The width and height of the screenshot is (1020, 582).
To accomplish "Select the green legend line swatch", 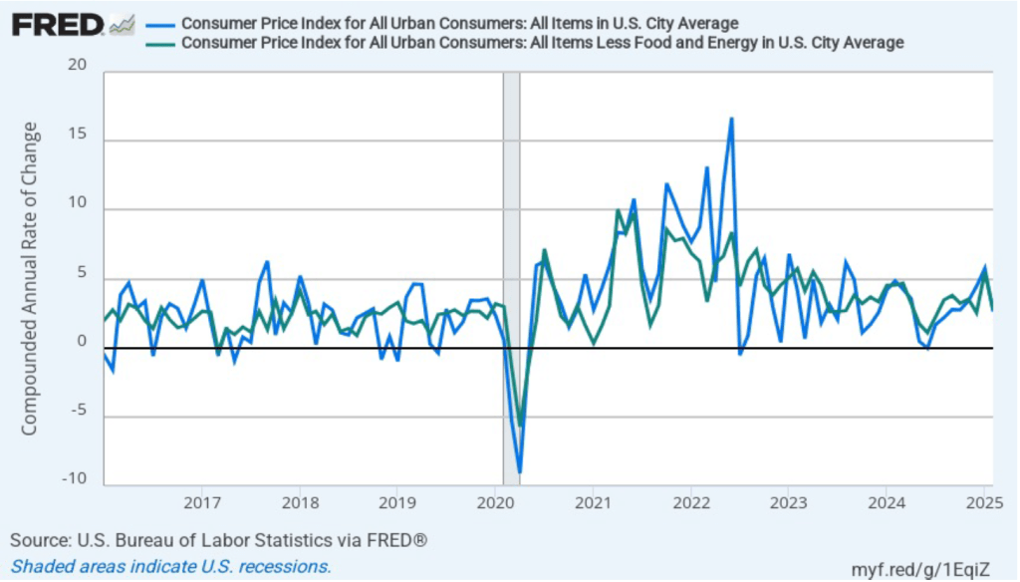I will [160, 43].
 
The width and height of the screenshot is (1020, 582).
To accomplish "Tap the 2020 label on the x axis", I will [495, 501].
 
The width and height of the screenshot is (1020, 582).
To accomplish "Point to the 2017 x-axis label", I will [201, 501].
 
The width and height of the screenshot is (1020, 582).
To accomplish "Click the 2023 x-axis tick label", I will [788, 501].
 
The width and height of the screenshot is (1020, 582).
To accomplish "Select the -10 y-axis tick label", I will [74, 479].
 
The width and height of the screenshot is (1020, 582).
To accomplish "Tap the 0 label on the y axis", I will [83, 342].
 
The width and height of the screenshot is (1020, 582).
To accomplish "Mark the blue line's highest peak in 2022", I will [731, 119].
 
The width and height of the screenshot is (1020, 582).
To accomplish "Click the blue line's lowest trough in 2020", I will [520, 471].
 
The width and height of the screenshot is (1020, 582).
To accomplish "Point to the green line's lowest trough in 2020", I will [520, 425].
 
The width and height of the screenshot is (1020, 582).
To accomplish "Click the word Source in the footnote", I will [36, 541].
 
